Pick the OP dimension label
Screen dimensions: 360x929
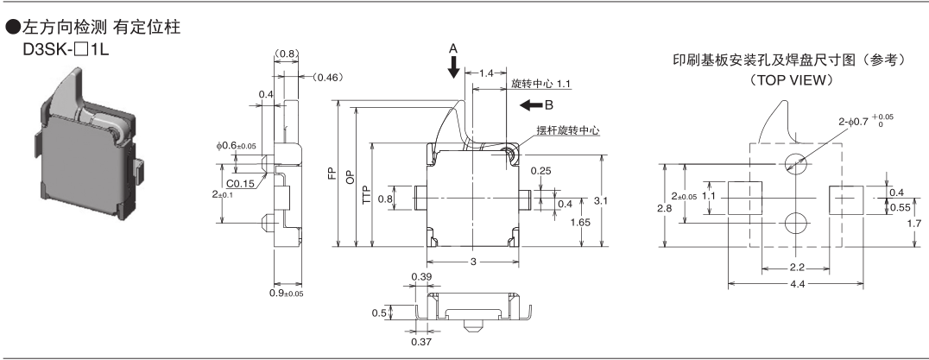[x=349, y=178]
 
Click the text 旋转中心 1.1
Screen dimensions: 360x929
[x=540, y=85]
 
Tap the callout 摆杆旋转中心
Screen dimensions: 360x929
[x=567, y=130]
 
